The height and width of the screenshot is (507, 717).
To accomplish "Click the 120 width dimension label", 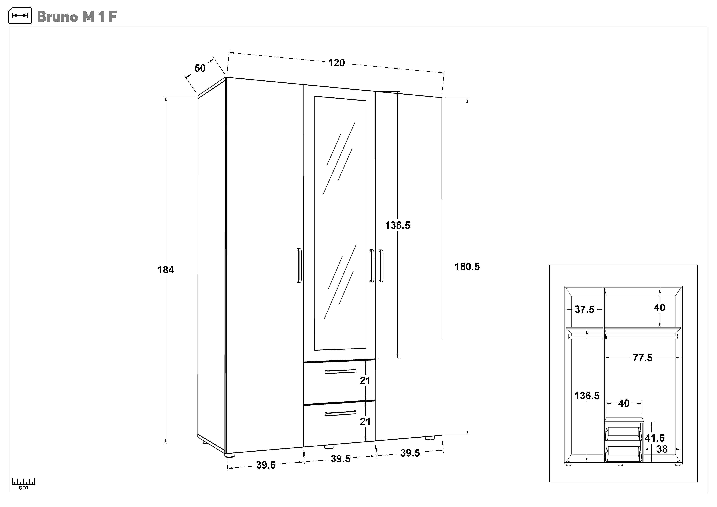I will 336,63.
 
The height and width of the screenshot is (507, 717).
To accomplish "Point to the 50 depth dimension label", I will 200,68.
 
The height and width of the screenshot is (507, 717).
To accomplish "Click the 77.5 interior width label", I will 642,358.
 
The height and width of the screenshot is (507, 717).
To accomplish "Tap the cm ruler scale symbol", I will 23,483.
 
